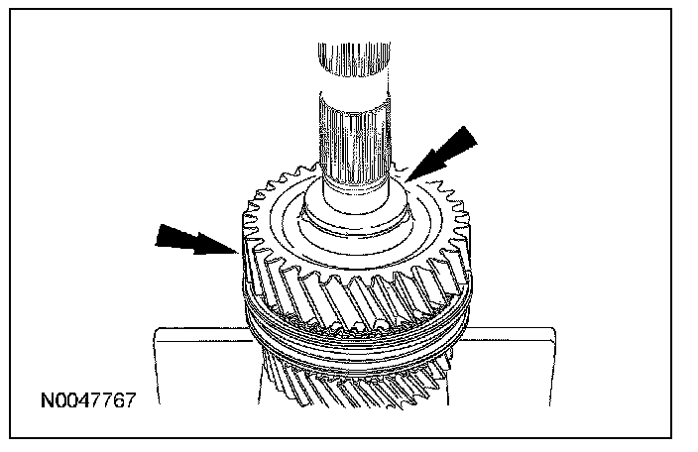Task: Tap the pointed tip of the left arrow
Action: click(235, 251)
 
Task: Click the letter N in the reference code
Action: click(46, 402)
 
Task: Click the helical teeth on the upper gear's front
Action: click(347, 292)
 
